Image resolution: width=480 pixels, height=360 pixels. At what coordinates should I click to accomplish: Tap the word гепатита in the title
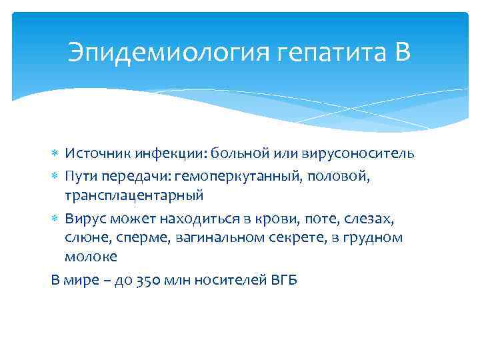coord(313,52)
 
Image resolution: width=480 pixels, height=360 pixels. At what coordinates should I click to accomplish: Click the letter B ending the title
coord(401,52)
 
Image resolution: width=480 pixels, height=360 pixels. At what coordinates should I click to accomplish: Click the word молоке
coord(91,258)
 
